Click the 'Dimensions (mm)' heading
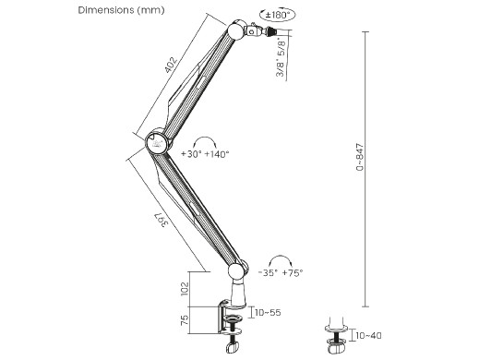[121, 10]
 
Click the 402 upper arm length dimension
[171, 65]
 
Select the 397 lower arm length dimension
[161, 220]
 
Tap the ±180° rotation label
[278, 15]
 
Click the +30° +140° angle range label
[205, 154]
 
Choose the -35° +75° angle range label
[281, 272]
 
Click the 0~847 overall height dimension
[359, 157]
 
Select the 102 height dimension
[185, 289]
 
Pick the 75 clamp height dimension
[185, 320]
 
